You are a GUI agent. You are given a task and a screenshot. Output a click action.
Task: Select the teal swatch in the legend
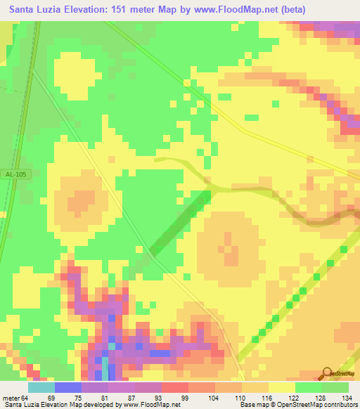[x=41, y=387]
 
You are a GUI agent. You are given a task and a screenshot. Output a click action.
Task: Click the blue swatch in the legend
[x=67, y=387]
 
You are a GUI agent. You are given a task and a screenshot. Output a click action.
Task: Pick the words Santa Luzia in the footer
[x=20, y=405]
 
